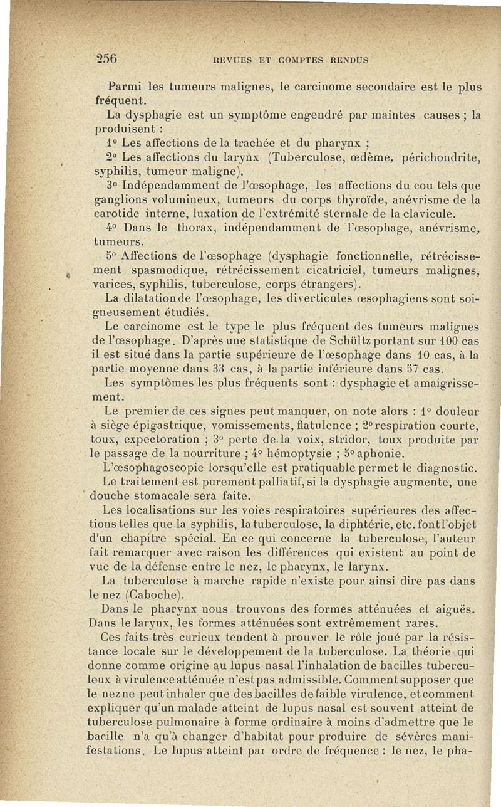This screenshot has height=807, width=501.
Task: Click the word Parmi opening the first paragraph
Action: coord(127,86)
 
